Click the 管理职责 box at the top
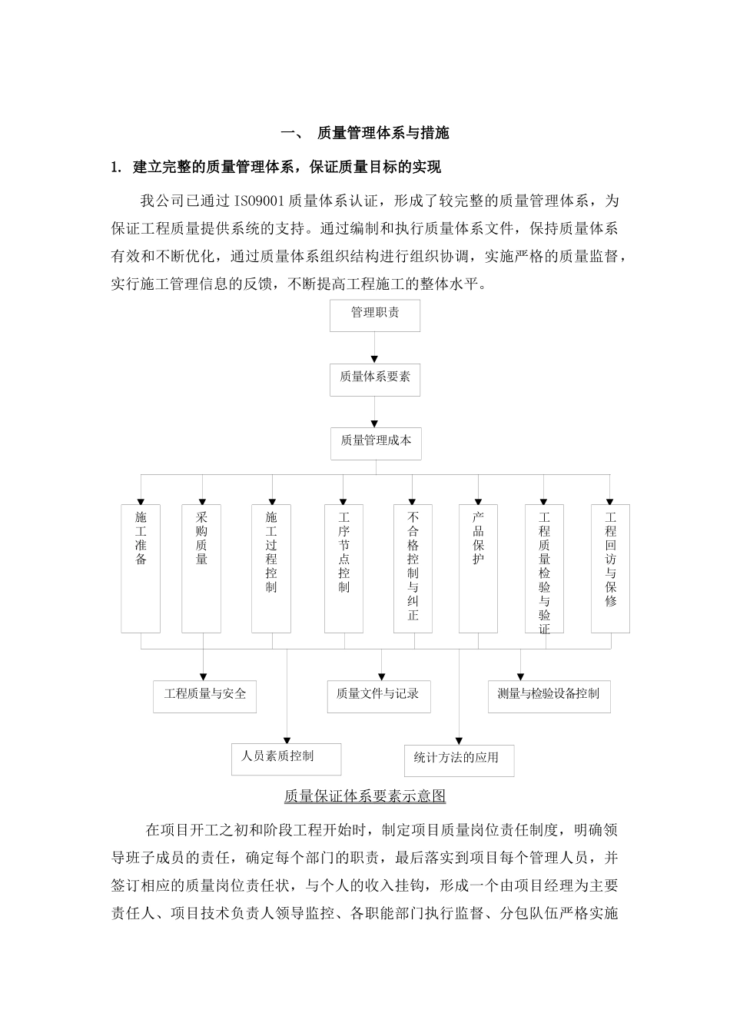(x=375, y=315)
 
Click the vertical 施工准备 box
(x=141, y=568)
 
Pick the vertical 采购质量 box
(x=201, y=568)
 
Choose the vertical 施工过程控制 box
(x=271, y=568)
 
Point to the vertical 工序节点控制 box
(x=343, y=568)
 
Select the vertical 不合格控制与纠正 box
(x=413, y=568)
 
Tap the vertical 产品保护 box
(x=478, y=568)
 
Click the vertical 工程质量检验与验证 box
(x=544, y=568)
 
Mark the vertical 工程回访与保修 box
(x=610, y=568)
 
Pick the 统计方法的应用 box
(x=459, y=760)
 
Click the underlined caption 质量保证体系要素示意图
(x=365, y=796)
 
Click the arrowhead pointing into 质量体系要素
(x=375, y=358)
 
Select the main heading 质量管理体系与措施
(x=383, y=133)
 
